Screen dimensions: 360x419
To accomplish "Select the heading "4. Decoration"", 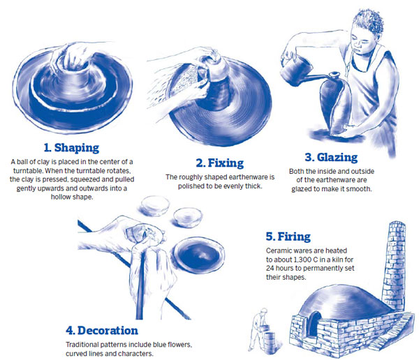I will click(103, 330).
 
